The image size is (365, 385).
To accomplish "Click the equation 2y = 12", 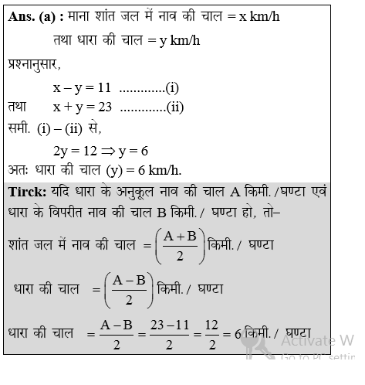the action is pos(78,151).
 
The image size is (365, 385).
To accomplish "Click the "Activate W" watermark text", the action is pos(316,339).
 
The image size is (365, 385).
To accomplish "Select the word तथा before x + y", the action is pos(19,107).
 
